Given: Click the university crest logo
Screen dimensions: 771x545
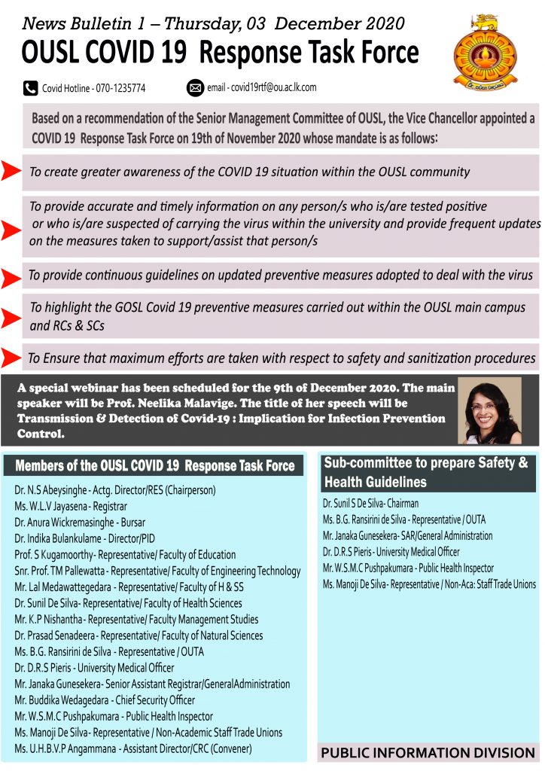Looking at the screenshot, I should [485, 52].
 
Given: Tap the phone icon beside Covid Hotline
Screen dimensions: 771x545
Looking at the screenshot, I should [31, 88].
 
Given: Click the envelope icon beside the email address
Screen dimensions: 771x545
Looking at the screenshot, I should [195, 88].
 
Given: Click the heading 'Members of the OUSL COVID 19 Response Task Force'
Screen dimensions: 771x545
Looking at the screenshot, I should [155, 466].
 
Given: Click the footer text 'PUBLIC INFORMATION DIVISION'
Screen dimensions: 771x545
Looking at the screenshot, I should [428, 753].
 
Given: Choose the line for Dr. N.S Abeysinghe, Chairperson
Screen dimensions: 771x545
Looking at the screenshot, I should [115, 490].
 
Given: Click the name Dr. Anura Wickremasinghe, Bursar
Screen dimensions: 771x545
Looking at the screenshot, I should [80, 522].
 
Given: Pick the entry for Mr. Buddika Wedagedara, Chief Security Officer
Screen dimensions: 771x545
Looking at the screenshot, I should [105, 700].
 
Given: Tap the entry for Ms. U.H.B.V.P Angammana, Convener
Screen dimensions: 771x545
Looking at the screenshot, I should [133, 748].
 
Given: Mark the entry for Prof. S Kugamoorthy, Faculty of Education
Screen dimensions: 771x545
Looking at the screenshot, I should [114, 554].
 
